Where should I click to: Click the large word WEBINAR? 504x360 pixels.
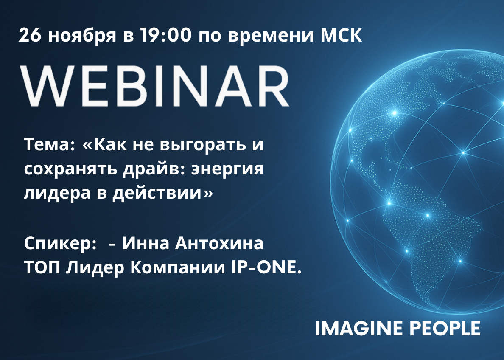point(154,86)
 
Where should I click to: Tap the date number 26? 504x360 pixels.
point(30,35)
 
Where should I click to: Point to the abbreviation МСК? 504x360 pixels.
point(342,35)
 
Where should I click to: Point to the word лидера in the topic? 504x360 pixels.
point(57,194)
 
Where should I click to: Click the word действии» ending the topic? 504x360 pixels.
point(162,194)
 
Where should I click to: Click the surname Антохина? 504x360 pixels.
point(219,243)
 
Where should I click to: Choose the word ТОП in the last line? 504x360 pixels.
point(42,268)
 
